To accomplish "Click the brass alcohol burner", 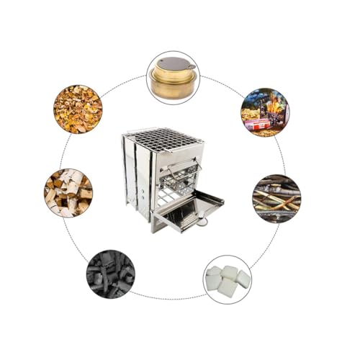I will tap(173, 78).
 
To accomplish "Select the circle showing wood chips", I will tap(77, 109).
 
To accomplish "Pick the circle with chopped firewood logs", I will tap(68, 193).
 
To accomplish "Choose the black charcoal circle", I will tap(109, 274).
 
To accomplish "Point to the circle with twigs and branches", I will tap(276, 197).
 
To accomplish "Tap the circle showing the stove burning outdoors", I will tap(264, 112).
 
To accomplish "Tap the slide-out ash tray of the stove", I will tap(189, 210).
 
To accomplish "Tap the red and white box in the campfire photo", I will tap(258, 125).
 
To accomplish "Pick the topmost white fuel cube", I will tap(230, 271).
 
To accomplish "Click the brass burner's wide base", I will tap(173, 87).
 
